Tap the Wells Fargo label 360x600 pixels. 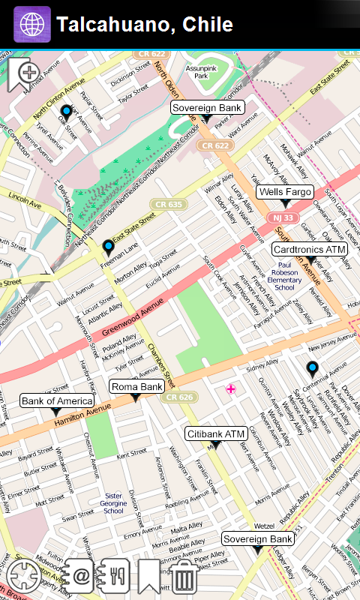coord(284,192)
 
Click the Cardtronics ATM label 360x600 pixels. coord(309,249)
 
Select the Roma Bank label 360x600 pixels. coord(136,387)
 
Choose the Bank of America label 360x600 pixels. coord(55,401)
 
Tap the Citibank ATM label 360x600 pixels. coord(216,433)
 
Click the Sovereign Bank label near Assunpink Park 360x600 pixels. coord(207,108)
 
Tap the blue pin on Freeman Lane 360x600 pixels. coord(108,247)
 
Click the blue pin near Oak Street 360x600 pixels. coord(66,112)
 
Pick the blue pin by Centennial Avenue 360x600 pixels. coord(312,367)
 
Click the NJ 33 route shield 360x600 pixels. coord(283,217)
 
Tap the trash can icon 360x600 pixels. coord(184,576)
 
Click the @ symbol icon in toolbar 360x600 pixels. coord(79,576)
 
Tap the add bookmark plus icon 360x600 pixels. coord(25,73)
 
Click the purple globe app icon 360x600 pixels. coord(32,24)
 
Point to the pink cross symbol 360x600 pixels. coord(231,388)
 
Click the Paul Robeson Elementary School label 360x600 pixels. coord(284,275)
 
